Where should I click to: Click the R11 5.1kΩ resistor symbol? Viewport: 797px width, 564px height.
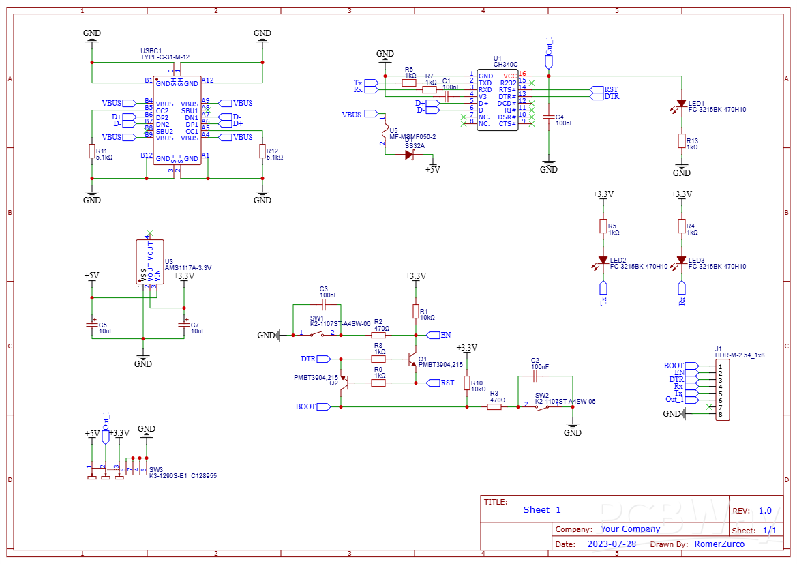[x=92, y=151]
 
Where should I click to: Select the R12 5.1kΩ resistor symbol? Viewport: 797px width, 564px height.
[x=262, y=151]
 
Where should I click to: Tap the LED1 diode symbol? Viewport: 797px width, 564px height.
[x=681, y=104]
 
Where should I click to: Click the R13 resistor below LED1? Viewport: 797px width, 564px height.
[x=681, y=140]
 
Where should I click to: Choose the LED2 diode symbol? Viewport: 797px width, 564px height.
[x=603, y=261]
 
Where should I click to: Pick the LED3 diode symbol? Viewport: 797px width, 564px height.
[x=681, y=261]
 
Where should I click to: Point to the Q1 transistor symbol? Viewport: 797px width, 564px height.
[x=411, y=359]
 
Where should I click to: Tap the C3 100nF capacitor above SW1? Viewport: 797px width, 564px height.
[x=324, y=305]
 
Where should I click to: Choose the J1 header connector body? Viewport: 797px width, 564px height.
[x=721, y=391]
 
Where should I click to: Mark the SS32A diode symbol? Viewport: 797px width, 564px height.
[x=409, y=155]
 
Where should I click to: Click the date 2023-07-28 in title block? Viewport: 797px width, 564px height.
[x=612, y=544]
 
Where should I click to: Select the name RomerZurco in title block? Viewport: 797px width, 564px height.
[x=719, y=544]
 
